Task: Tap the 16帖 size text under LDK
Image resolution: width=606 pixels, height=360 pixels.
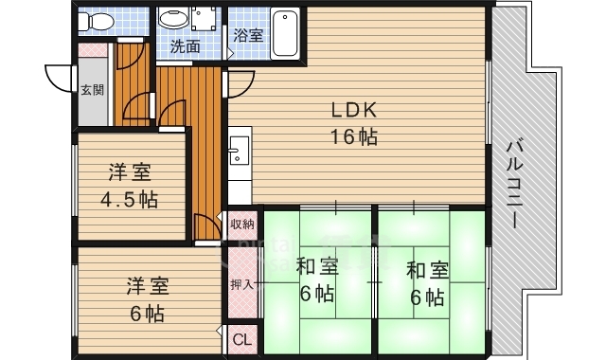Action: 353,136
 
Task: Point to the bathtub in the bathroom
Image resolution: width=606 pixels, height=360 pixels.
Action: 283,34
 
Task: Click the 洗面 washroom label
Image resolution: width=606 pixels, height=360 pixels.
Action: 186,45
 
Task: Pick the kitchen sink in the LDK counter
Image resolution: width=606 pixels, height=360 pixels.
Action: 238,149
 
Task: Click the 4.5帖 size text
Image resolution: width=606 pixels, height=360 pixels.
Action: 130,200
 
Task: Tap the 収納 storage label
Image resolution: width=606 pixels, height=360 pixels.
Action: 241,224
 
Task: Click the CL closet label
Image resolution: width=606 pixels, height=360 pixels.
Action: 241,338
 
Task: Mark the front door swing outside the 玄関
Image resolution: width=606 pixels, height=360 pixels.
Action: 59,78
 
